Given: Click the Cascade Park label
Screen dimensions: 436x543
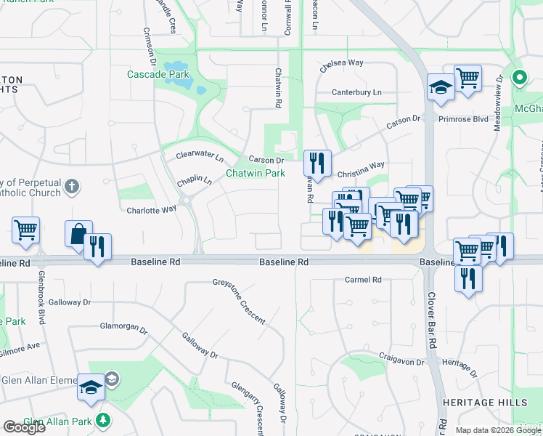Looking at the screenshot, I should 158,74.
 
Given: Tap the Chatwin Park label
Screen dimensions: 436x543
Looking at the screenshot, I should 255,173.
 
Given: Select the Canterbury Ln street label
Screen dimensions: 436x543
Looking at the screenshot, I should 356,92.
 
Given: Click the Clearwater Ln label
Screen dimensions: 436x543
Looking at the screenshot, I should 200,156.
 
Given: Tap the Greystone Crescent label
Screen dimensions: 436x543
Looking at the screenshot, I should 239,300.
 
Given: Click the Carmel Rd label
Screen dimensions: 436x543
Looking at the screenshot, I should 363,280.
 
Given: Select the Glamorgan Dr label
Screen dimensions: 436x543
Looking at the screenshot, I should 123,326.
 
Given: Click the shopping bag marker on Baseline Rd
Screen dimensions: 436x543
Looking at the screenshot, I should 78,234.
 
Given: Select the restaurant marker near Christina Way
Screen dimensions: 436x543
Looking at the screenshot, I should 317,163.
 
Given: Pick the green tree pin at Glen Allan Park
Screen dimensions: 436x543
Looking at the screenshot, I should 104,420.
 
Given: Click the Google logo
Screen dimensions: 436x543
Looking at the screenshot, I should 24,427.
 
